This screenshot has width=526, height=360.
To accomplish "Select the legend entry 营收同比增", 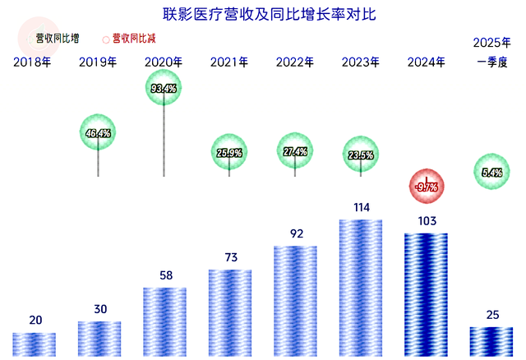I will click(58, 38).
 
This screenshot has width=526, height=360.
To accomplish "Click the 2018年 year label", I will click(32, 62).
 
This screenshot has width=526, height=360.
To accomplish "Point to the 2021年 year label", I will click(229, 62).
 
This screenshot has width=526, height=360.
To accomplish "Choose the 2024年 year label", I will click(427, 62).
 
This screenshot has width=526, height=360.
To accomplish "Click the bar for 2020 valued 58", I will click(164, 321).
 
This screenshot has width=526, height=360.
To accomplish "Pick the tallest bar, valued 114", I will click(361, 288).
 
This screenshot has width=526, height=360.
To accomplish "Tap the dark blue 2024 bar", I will click(427, 294).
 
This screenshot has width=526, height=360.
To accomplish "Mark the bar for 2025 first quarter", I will click(491, 341).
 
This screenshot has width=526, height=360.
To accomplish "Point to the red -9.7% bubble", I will click(427, 187).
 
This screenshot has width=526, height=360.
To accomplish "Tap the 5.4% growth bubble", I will click(491, 172).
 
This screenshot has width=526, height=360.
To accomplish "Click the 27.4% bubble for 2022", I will click(295, 151).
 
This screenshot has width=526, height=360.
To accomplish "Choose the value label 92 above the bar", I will click(297, 233).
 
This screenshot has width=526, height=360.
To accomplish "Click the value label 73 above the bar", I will click(231, 257).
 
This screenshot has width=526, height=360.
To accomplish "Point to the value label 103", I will click(427, 220).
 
